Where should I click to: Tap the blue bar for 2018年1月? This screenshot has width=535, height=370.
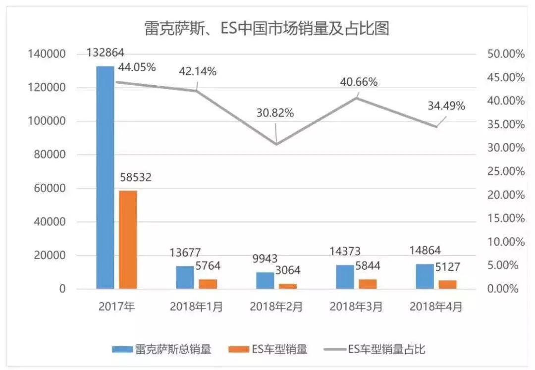coord(185,277)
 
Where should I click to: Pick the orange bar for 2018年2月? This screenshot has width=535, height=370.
coord(288,286)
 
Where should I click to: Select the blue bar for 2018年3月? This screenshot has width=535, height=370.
coord(345,276)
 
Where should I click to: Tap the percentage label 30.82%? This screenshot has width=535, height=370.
coord(275,113)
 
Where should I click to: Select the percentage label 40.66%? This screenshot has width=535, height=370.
coord(359,82)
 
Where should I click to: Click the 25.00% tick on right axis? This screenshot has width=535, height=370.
coord(506,171)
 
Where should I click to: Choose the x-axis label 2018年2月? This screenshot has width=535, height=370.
coord(276,307)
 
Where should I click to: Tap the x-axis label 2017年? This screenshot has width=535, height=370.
coord(116,307)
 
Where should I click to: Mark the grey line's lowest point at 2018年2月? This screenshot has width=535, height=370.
coord(276,144)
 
